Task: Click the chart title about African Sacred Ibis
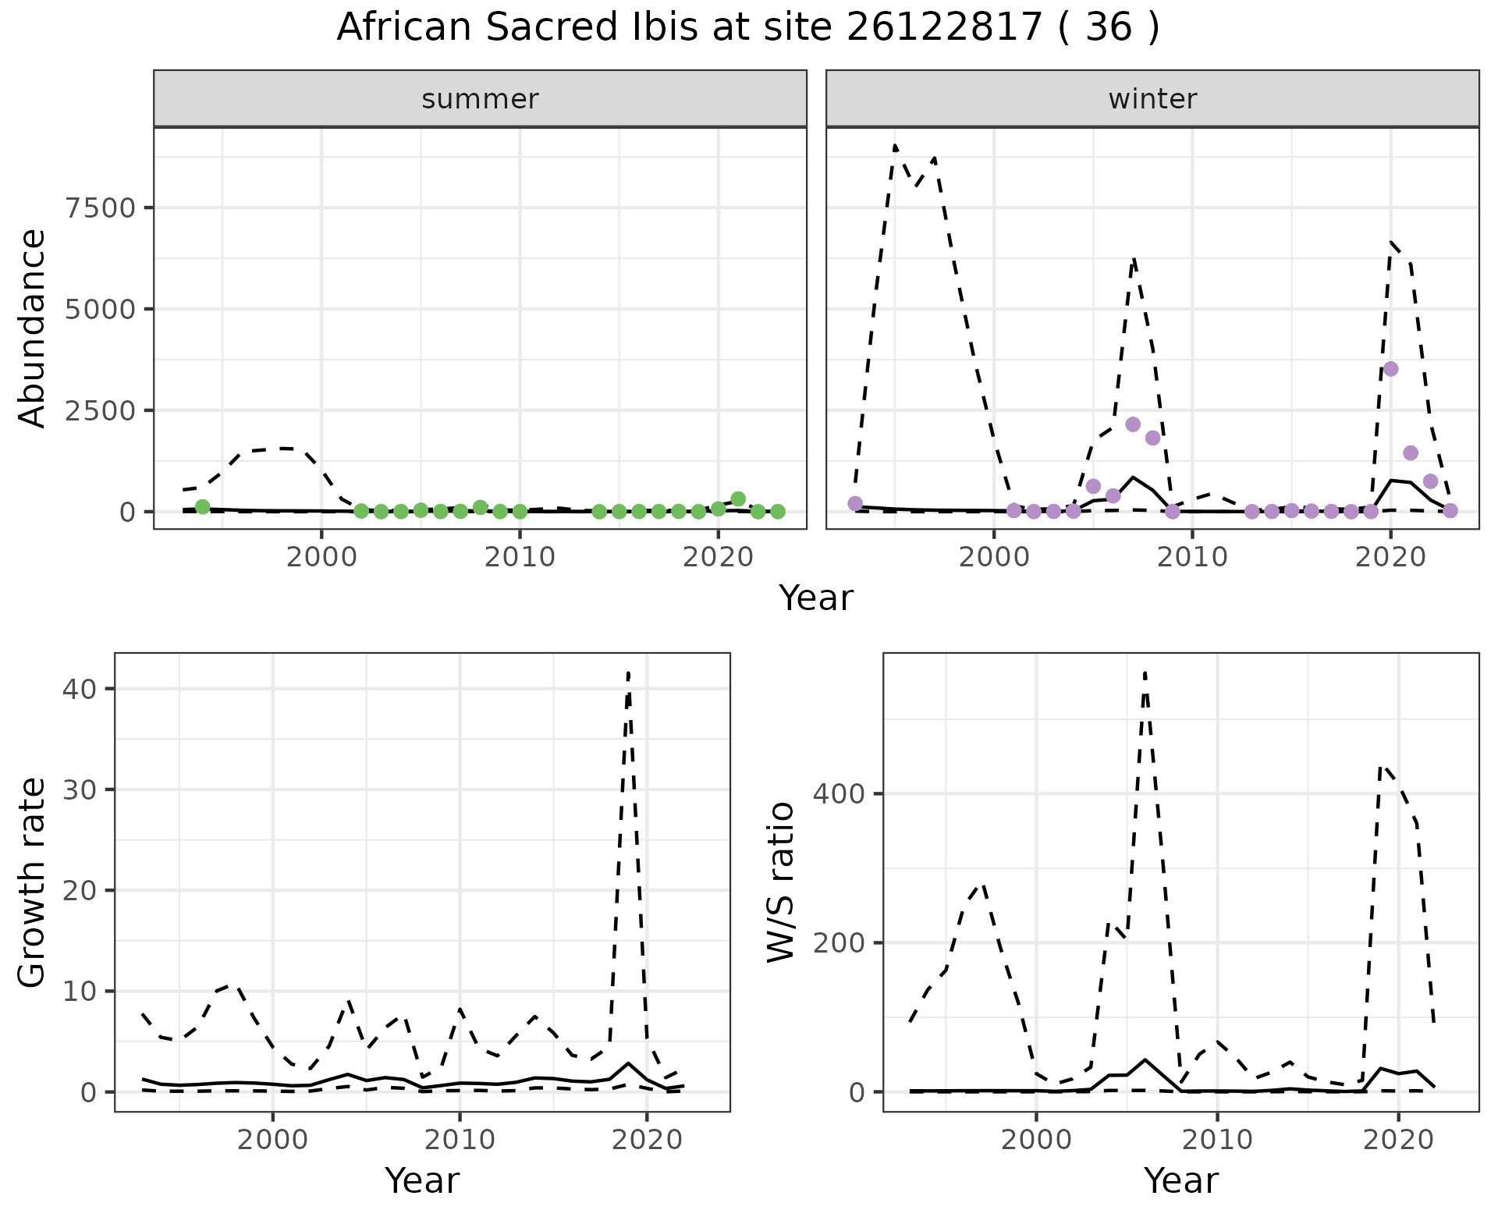(747, 28)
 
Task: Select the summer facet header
(480, 99)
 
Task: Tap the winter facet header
(1152, 99)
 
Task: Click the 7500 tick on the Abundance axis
(101, 208)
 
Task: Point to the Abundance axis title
(33, 328)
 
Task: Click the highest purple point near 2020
(1390, 369)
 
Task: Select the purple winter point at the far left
(855, 503)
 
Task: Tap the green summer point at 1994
(203, 507)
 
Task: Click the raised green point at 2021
(738, 499)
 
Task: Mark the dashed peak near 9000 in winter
(895, 146)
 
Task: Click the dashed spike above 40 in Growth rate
(629, 672)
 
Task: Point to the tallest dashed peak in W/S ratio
(1145, 672)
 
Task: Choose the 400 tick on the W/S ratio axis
(839, 794)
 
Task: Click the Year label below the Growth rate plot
(422, 1180)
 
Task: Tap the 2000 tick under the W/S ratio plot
(1036, 1140)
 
